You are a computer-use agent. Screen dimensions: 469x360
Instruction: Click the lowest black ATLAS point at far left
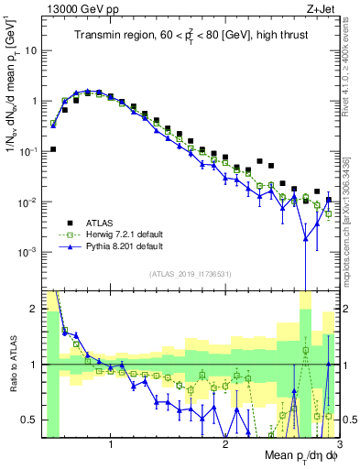click(53, 149)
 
